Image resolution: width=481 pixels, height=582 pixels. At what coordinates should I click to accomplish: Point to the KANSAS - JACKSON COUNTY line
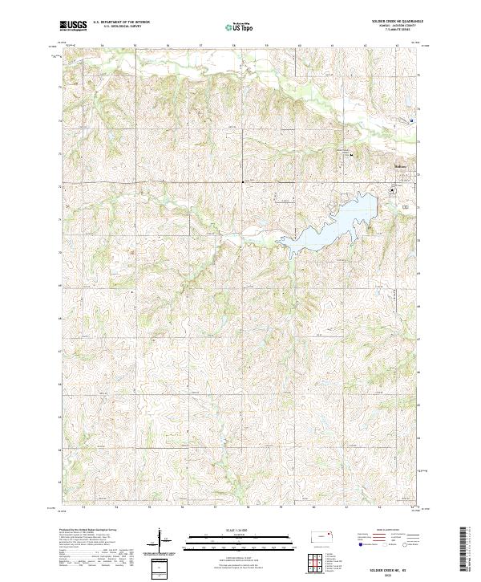pos(394,26)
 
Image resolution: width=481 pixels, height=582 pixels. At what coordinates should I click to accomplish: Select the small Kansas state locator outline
pos(323,535)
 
